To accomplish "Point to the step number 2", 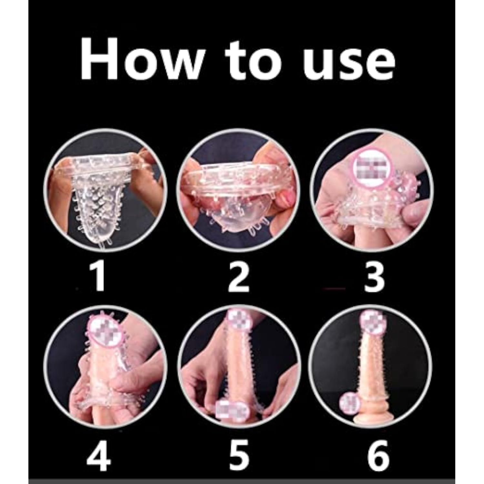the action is pos(239,277).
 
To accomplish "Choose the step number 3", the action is pos(374,277).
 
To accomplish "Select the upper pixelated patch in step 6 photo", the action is pos(373,320).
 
